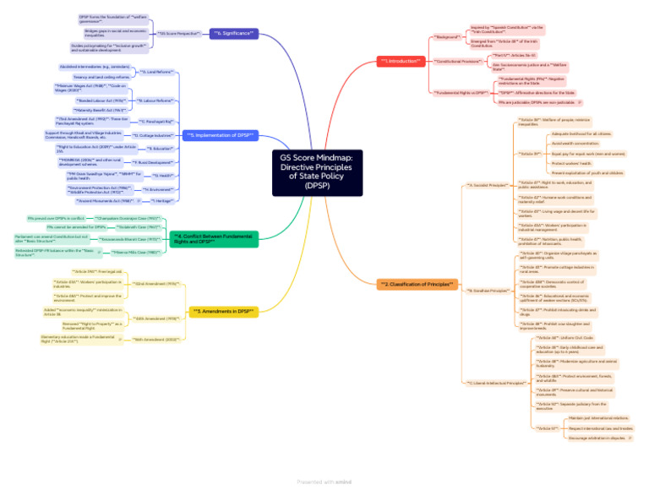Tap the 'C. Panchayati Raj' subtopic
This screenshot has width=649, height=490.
click(155, 122)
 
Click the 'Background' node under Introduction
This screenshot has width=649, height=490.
click(448, 37)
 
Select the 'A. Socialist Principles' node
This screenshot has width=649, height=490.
click(487, 184)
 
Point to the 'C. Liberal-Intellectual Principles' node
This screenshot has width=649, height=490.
click(498, 383)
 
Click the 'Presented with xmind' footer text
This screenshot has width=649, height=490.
click(324, 482)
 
